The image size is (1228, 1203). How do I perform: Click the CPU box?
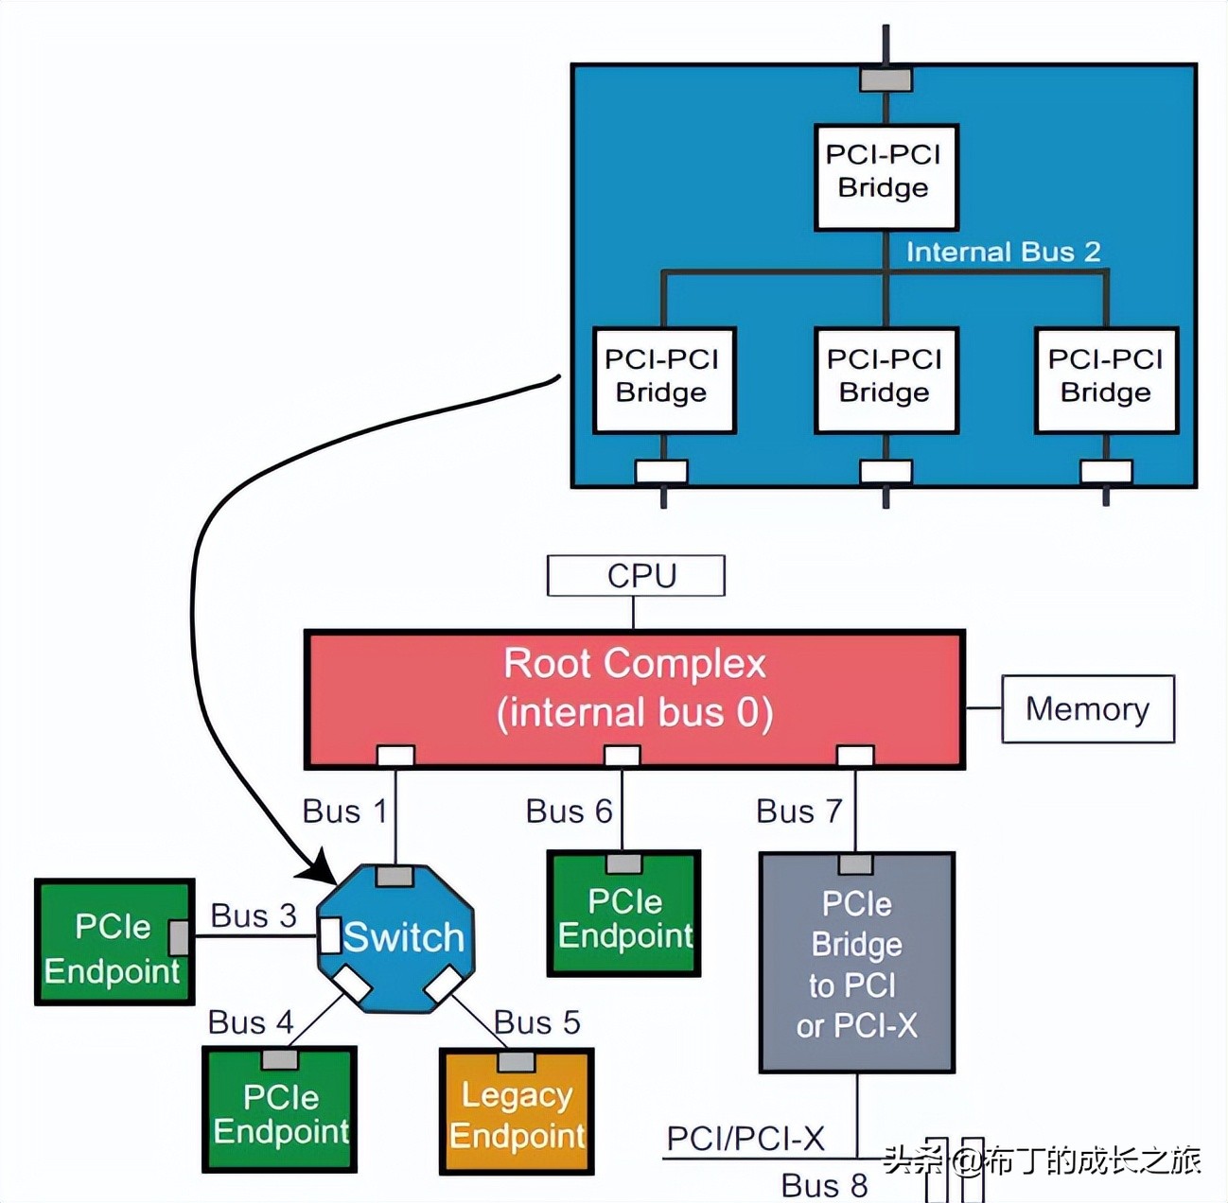pyautogui.click(x=636, y=576)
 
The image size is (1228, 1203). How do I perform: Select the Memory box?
pyautogui.click(x=1087, y=708)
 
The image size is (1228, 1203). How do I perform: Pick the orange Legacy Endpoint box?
pyautogui.click(x=517, y=1113)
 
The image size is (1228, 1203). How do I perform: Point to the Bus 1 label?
pyautogui.click(x=344, y=811)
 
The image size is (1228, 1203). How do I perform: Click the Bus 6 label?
pyautogui.click(x=569, y=811)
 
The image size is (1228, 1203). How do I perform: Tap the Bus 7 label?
pyautogui.click(x=798, y=811)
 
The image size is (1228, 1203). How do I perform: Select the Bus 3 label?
pyautogui.click(x=254, y=915)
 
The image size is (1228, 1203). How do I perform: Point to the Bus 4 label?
pyautogui.click(x=251, y=1022)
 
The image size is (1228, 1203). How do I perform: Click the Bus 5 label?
pyautogui.click(x=536, y=1022)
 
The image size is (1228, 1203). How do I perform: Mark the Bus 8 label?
pyautogui.click(x=824, y=1185)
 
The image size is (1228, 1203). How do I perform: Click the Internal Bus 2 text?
pyautogui.click(x=1003, y=252)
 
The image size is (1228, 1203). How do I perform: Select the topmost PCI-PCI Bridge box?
pyautogui.click(x=886, y=177)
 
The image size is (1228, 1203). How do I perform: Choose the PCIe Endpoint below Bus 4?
pyautogui.click(x=280, y=1111)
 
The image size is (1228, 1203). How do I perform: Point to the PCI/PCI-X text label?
pyautogui.click(x=746, y=1139)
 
